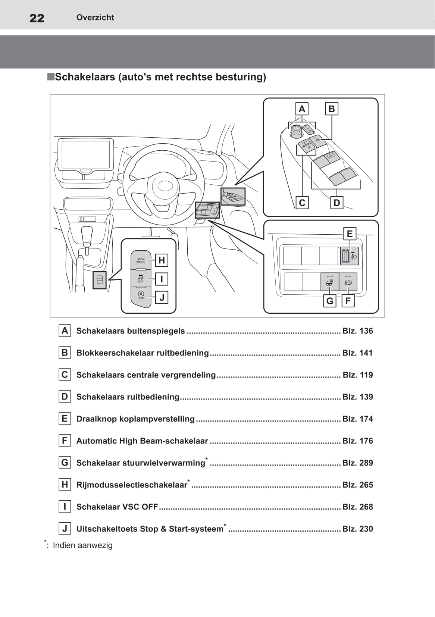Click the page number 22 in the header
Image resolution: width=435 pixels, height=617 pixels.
coord(37,18)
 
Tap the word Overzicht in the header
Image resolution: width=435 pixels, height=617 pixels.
coord(95,18)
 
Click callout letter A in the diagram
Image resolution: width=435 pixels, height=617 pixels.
coord(302,109)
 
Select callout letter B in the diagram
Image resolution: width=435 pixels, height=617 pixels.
coord(332,109)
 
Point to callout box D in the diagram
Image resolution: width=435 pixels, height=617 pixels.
coord(337,203)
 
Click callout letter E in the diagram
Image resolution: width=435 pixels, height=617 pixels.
coord(350,234)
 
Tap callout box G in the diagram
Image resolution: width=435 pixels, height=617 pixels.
coord(330,301)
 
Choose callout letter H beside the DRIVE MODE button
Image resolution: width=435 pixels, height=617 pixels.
coord(162,260)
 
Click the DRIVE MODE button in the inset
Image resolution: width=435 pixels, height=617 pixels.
coord(141,260)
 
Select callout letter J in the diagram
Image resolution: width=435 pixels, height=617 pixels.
coord(162,298)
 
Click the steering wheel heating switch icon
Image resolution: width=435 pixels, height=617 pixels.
coord(330,282)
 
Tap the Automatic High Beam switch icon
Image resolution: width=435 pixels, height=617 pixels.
coord(348,282)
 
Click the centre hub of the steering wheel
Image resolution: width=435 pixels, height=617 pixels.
coord(163,186)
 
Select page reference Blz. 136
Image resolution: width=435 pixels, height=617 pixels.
coord(357,331)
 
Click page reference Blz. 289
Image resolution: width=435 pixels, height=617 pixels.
coord(357,463)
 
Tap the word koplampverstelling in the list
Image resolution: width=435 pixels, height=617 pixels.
coord(157,419)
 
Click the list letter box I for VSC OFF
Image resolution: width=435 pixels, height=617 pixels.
coord(65,507)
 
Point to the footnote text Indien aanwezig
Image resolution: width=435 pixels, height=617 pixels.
coord(82,545)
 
